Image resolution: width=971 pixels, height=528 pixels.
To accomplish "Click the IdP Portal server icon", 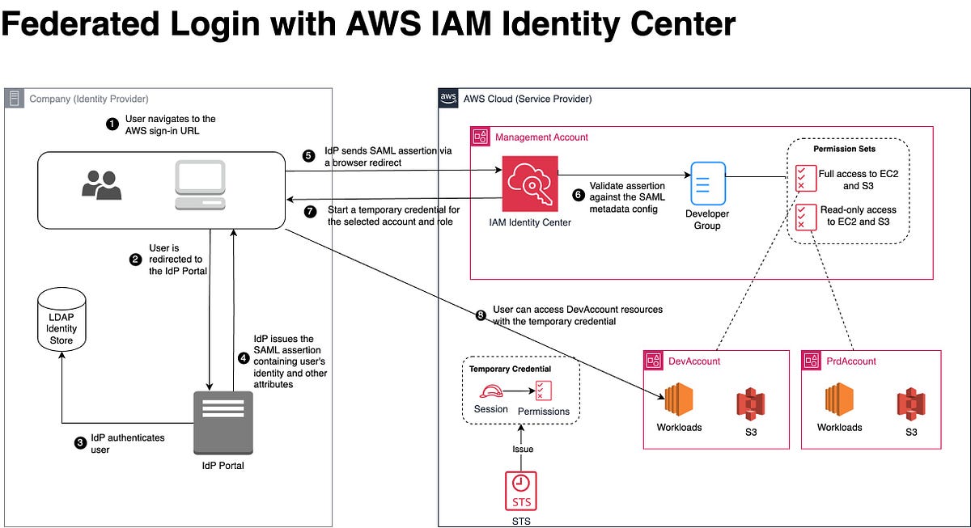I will click(223, 423).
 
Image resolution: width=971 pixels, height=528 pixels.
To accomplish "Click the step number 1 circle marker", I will click(112, 124).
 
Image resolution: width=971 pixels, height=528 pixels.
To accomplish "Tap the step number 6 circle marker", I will click(577, 195).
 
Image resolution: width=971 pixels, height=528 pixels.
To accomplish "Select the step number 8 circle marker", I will click(481, 315).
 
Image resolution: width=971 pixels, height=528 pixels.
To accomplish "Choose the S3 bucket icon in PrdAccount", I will click(910, 403).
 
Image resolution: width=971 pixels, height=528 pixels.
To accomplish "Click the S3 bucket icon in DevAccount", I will click(750, 403).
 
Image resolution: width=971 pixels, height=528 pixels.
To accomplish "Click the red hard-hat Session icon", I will click(490, 392).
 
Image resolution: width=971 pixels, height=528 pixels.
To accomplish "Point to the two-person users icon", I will click(102, 185).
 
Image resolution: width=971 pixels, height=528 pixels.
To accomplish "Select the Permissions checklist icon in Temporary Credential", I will click(543, 391).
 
